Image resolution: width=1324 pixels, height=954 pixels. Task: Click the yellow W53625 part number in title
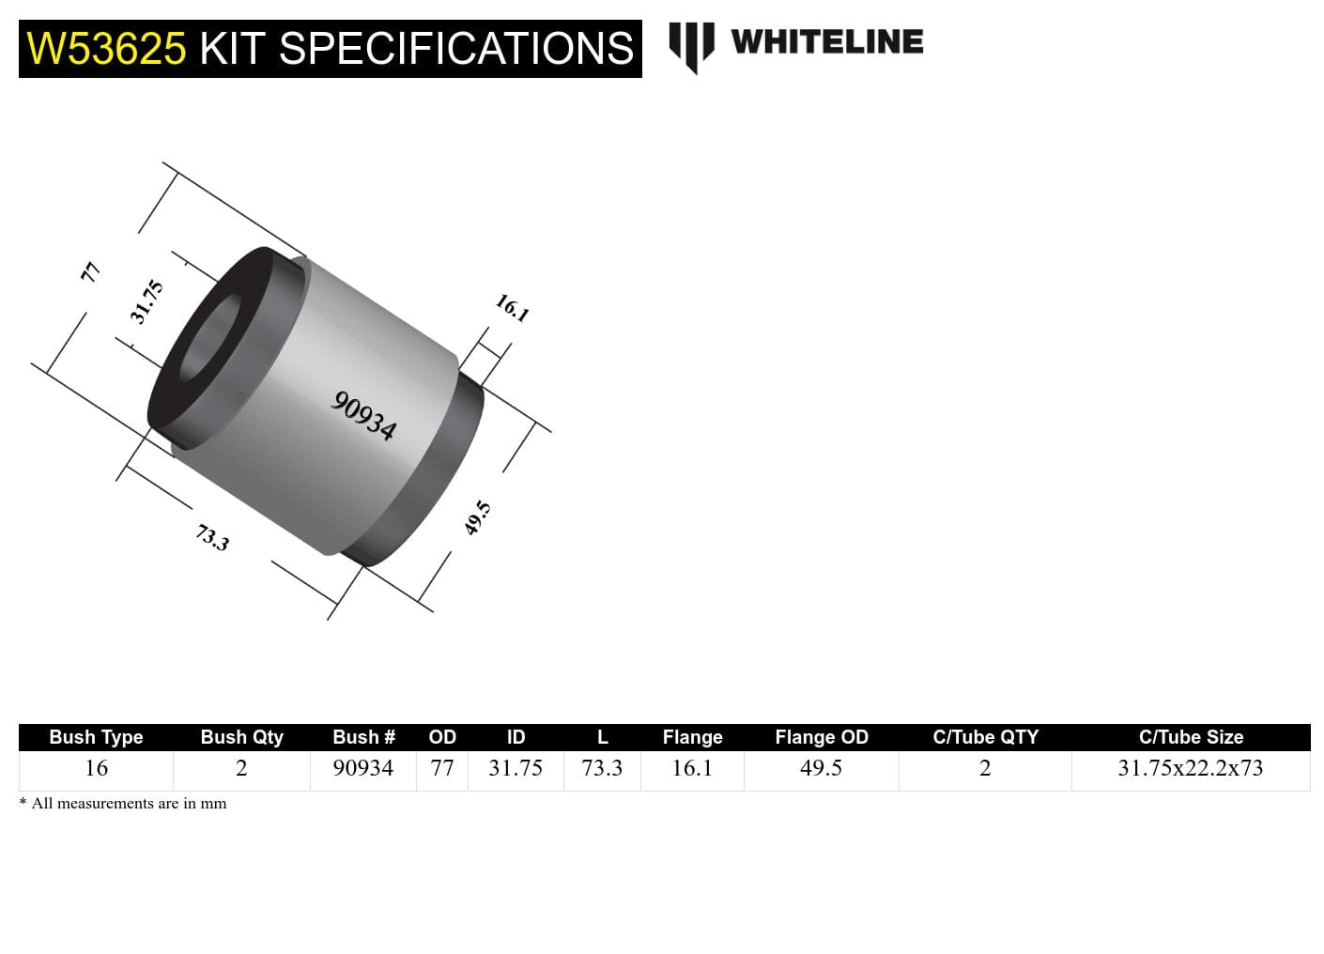point(106,49)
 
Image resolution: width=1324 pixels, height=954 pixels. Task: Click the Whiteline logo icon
point(691,46)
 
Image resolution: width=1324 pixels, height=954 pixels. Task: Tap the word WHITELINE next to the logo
point(826,42)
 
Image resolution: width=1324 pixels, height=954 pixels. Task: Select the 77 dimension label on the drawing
point(90,272)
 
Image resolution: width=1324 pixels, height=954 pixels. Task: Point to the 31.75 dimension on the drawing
point(147,301)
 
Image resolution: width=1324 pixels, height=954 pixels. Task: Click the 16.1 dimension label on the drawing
point(513,307)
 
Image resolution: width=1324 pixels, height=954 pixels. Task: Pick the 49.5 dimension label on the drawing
point(478,517)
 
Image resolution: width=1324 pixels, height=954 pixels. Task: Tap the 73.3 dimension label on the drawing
point(212,537)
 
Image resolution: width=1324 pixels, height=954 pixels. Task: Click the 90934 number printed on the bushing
point(364,415)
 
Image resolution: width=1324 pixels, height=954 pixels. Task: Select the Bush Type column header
point(96,737)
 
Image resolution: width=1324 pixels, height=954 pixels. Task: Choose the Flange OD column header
point(821,737)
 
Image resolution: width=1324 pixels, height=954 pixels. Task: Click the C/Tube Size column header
point(1190,737)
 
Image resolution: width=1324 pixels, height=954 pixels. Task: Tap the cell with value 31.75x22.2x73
point(1190,768)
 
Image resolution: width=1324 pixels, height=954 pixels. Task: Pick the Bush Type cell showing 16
point(96,768)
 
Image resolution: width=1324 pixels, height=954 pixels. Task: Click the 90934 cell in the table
point(362,768)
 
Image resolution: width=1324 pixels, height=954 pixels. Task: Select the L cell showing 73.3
point(602,768)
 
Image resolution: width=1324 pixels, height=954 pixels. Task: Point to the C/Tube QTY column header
point(985,737)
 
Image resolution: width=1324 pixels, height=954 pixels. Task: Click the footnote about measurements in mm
point(123,804)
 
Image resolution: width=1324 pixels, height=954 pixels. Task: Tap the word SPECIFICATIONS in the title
point(456,49)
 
